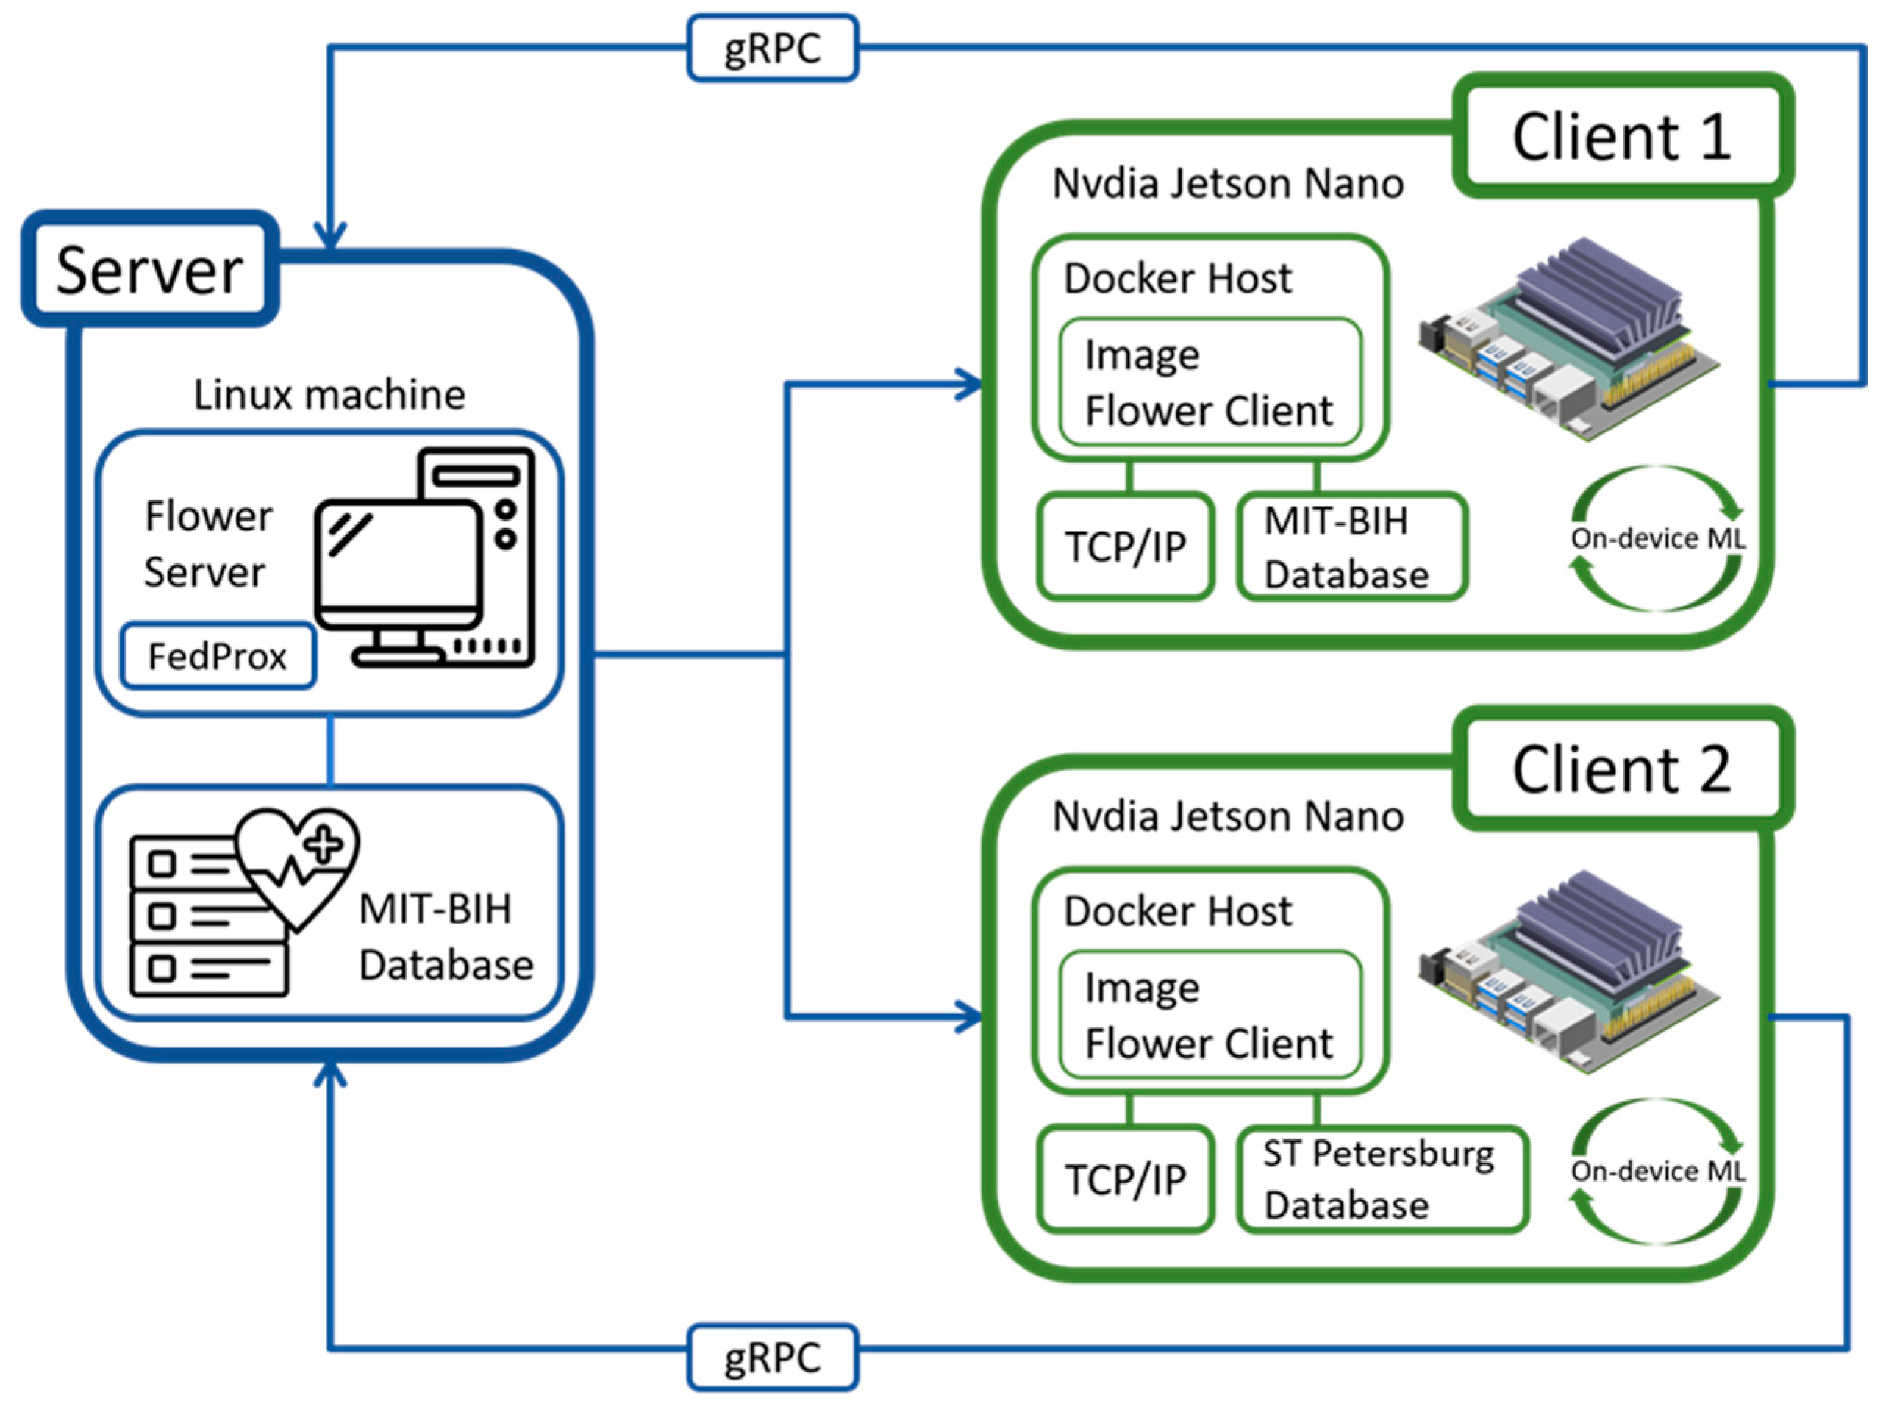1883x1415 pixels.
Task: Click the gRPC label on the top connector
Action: pyautogui.click(x=772, y=48)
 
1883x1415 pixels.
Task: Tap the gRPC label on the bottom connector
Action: pyautogui.click(x=772, y=1357)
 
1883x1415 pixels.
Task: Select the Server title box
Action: pyautogui.click(x=150, y=270)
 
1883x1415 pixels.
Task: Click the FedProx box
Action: pyautogui.click(x=218, y=655)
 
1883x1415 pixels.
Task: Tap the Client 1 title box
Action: pyautogui.click(x=1622, y=136)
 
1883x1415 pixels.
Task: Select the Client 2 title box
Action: pyautogui.click(x=1622, y=769)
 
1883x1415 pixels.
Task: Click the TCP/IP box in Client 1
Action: pyautogui.click(x=1126, y=546)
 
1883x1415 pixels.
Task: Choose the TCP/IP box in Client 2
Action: pyautogui.click(x=1126, y=1179)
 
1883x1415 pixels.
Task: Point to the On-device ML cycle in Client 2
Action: pyautogui.click(x=1657, y=1172)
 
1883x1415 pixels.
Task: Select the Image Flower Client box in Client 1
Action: pyautogui.click(x=1210, y=382)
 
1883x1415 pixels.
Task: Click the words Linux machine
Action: pyautogui.click(x=329, y=395)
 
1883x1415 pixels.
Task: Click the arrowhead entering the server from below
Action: pyautogui.click(x=329, y=1074)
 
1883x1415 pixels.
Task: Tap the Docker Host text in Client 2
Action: pyautogui.click(x=1177, y=911)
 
